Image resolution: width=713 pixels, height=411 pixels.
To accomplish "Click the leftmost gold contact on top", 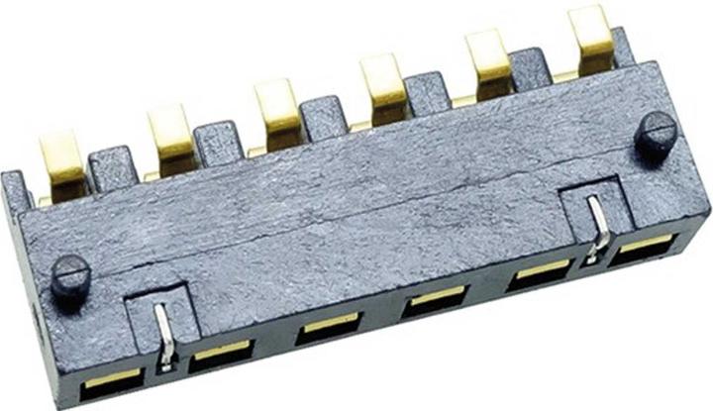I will point(62,163).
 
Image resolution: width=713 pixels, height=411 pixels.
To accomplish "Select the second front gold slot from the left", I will point(221,353).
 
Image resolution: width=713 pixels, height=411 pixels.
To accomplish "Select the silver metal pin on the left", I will point(166,336).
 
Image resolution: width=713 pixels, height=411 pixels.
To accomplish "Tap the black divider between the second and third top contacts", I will point(218,142).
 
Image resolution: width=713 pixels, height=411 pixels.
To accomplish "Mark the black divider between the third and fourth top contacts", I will point(324,117).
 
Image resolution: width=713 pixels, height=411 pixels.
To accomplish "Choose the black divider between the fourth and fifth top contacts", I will point(429,92).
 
